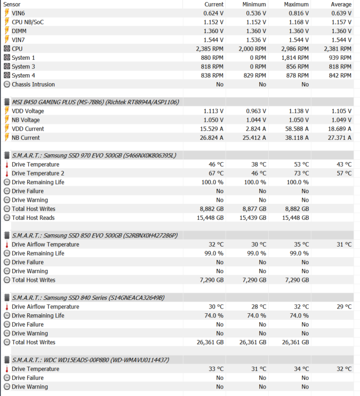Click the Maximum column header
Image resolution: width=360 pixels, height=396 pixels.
pos(296,4)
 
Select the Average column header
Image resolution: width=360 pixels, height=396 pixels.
pos(341,4)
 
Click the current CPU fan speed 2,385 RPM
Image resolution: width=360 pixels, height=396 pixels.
pos(210,49)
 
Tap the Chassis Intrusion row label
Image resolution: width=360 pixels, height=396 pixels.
pos(33,84)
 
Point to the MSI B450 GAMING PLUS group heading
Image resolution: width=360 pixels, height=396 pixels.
pos(95,102)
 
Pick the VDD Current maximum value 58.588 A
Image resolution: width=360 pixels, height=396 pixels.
pos(297,129)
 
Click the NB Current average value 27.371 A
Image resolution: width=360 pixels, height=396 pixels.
pos(339,138)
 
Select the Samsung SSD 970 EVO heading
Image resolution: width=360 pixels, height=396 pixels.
pos(94,155)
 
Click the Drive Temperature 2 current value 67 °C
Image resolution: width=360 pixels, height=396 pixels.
pos(216,173)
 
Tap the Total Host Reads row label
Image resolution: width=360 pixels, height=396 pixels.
pos(33,218)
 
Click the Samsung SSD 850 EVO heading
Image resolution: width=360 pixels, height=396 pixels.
pos(95,235)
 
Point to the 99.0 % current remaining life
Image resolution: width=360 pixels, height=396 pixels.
pos(214,254)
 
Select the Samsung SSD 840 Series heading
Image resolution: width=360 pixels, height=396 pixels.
pos(88,298)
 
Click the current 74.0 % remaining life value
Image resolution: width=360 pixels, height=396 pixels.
pos(214,315)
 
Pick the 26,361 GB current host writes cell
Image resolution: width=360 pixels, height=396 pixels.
pos(210,342)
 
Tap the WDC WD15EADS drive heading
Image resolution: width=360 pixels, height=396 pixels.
pos(90,360)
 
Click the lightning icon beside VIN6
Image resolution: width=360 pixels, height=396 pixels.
pos(7,13)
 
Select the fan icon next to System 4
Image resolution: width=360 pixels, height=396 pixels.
pos(7,75)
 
